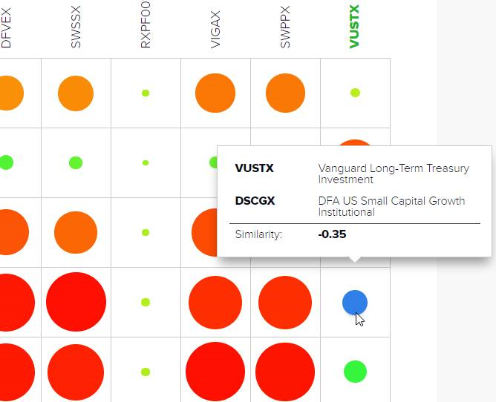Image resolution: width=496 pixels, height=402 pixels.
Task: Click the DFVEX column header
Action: (7, 33)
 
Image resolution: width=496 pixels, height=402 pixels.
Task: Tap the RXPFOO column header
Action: (146, 30)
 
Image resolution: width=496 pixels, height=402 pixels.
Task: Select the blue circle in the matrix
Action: (355, 303)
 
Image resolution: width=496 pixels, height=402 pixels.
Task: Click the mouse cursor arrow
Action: (359, 319)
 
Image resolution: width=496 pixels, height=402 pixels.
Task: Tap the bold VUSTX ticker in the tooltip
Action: (254, 168)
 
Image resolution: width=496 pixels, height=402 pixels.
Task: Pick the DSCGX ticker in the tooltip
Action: (254, 200)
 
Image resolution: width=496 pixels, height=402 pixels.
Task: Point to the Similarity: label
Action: (258, 234)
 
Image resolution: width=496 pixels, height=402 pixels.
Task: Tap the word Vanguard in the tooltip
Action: (341, 168)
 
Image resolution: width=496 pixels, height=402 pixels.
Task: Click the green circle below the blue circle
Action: (355, 371)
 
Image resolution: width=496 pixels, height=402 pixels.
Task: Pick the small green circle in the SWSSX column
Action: (75, 162)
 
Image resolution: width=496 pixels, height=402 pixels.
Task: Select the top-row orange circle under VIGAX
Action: (215, 93)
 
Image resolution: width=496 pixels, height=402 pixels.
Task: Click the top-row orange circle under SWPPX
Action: (285, 93)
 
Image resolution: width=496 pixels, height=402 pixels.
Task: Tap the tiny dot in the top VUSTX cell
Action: (355, 93)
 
